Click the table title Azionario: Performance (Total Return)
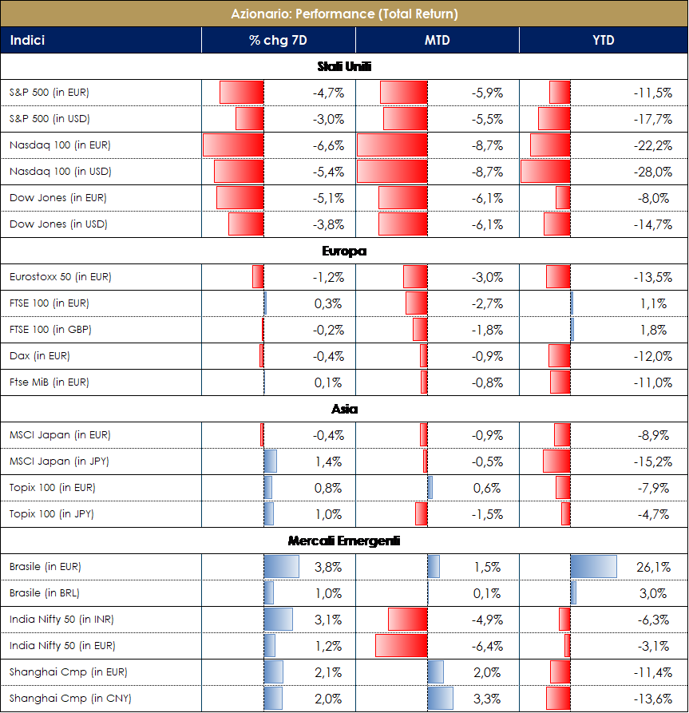pos(344,14)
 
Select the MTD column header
pos(437,40)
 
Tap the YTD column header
pos(604,40)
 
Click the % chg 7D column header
pos(278,40)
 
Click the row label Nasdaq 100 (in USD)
pos(60,172)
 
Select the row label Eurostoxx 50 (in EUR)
pos(61,277)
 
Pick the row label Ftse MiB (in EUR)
pos(49,382)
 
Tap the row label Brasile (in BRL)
pos(45,593)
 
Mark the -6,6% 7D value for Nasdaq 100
pos(328,145)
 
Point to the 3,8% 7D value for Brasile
pos(330,567)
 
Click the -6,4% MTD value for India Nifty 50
pos(488,646)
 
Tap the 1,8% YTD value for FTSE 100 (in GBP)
pos(655,330)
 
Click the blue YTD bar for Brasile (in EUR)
pos(594,567)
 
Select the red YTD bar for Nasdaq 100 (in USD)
pos(545,172)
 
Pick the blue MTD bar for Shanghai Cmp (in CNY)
pos(441,699)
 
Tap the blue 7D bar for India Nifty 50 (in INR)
pos(279,620)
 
